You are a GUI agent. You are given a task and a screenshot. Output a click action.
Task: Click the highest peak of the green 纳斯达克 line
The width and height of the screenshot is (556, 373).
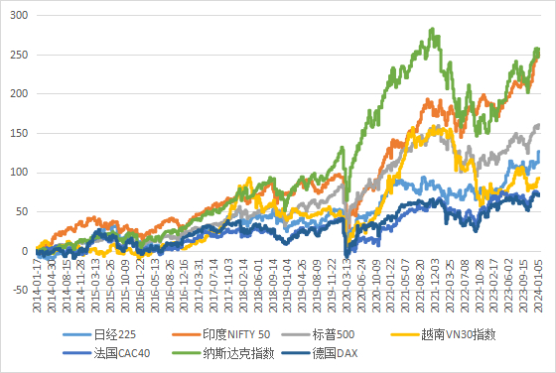pos(433,29)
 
